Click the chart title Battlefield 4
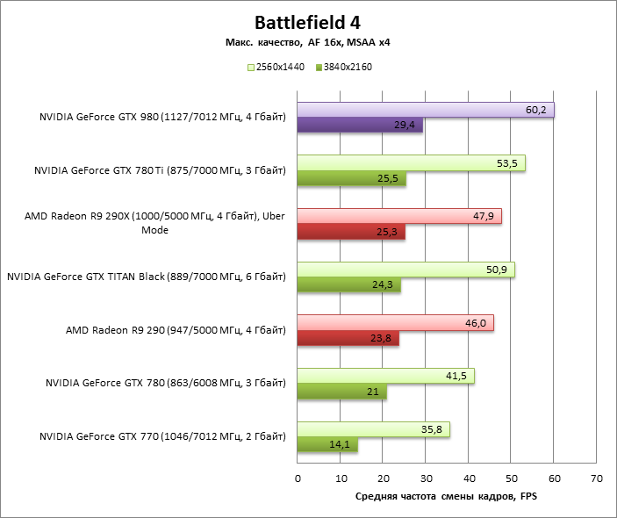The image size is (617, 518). point(307,22)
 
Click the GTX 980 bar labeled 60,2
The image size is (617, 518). point(426,110)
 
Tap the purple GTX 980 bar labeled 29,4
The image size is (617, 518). point(360,126)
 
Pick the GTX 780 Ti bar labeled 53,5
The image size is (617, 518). point(411,163)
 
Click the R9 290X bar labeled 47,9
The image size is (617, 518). point(399,216)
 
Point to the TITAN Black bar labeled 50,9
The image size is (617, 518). point(405,270)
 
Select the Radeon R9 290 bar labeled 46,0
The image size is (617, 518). point(395,323)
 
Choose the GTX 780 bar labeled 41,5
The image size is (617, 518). point(386,376)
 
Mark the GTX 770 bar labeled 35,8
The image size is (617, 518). point(373,429)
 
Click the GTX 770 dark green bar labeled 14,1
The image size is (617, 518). point(327,445)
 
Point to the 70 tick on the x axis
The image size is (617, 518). point(597,479)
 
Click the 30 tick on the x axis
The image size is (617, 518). point(426,479)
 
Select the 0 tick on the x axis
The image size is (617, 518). point(298,479)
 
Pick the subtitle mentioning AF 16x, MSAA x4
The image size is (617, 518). point(307,42)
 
